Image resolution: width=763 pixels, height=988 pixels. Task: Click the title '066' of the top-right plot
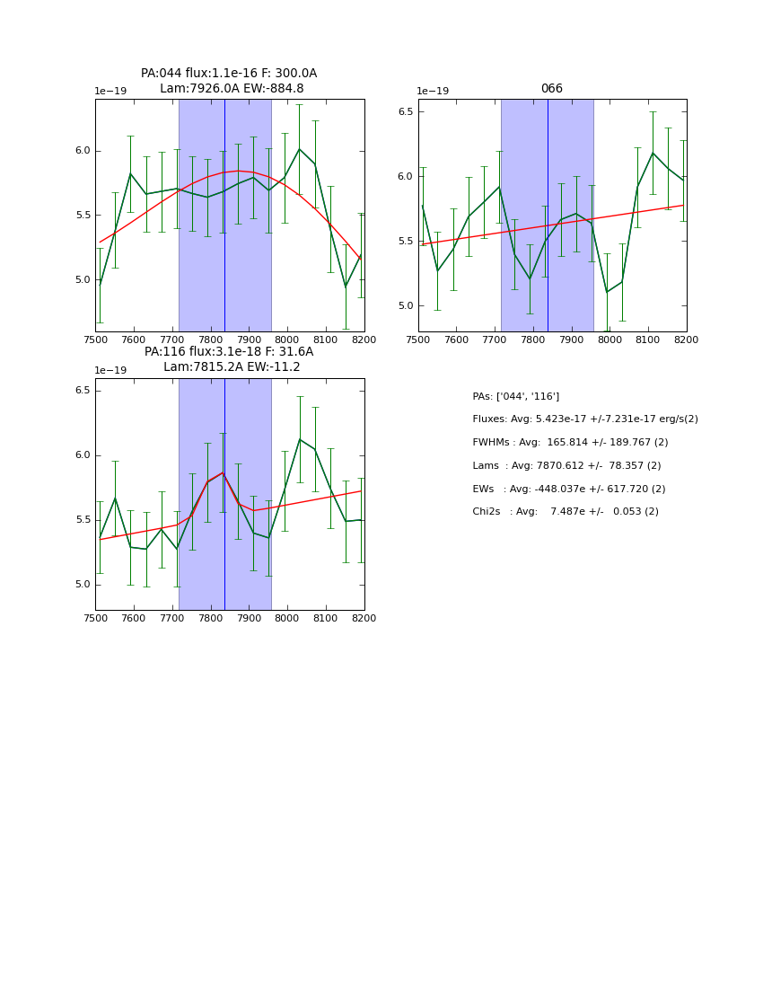click(x=551, y=89)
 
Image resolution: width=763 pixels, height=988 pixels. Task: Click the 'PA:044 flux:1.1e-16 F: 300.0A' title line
click(x=229, y=74)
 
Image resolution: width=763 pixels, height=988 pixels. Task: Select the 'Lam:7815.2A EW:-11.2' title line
click(x=232, y=367)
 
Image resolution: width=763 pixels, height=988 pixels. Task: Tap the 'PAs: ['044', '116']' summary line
click(x=515, y=396)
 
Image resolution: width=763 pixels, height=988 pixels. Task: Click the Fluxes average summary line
click(x=584, y=419)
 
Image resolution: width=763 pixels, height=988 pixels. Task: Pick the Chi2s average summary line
click(x=565, y=512)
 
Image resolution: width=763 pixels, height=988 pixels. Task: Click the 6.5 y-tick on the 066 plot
click(x=405, y=111)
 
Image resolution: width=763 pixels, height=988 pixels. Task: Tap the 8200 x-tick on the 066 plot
click(x=686, y=340)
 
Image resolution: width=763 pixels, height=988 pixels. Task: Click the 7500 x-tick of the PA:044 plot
click(x=95, y=340)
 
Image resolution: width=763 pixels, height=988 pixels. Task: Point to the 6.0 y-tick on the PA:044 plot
click(x=83, y=151)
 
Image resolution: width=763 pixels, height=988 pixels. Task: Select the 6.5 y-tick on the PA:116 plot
click(x=83, y=391)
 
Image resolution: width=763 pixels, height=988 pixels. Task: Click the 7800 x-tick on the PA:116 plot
click(x=210, y=619)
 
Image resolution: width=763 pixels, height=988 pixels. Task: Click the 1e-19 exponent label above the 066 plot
click(x=432, y=92)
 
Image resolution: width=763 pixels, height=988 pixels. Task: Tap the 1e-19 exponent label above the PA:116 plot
click(x=110, y=371)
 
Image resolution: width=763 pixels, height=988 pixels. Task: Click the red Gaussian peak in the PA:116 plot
click(x=223, y=472)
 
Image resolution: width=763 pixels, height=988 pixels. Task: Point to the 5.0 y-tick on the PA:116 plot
click(x=83, y=585)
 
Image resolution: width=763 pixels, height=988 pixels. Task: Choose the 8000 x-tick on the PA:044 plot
click(x=287, y=340)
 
